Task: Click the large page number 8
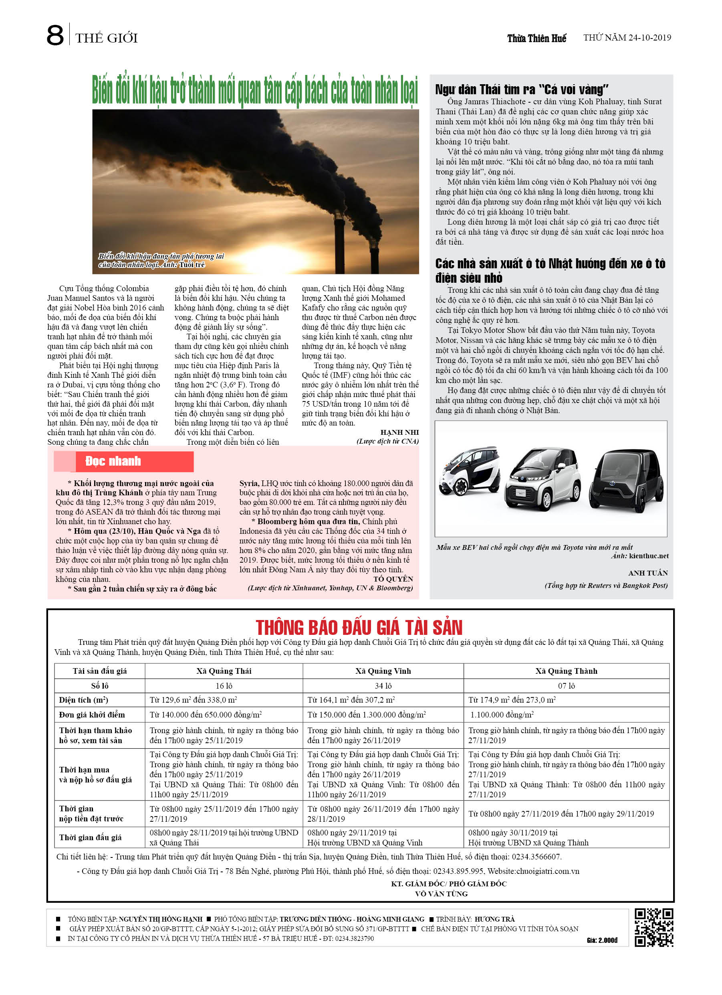tap(55, 36)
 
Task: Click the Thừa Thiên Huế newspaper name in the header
tap(536, 38)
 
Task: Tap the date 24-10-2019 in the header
tap(649, 37)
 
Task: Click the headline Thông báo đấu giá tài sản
tap(359, 627)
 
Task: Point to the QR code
tap(653, 927)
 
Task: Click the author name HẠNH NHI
tap(399, 432)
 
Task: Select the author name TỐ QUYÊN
tap(393, 579)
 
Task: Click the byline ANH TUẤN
tap(647, 573)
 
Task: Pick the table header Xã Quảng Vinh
tap(383, 671)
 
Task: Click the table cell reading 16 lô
tap(224, 686)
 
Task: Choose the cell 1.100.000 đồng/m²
tap(502, 715)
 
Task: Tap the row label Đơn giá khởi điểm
tap(92, 715)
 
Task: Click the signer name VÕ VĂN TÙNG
tap(441, 894)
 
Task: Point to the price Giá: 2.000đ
tap(601, 940)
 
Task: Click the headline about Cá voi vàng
tap(521, 89)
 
